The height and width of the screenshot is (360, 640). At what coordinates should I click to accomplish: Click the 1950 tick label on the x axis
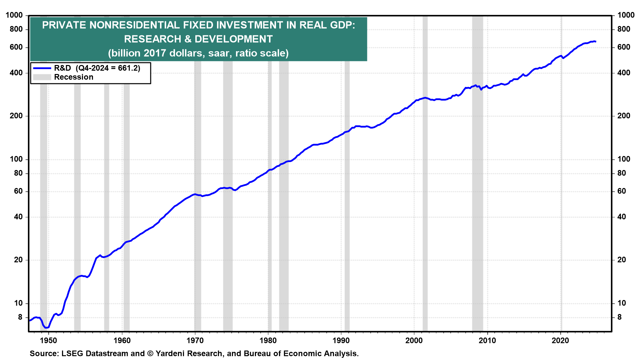49,340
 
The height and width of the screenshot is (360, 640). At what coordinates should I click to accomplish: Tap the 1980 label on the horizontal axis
268,340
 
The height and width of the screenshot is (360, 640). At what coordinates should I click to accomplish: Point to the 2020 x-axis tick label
560,340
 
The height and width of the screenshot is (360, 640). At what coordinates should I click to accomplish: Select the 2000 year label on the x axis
414,340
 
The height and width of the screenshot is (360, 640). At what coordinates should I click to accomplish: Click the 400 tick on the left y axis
16,73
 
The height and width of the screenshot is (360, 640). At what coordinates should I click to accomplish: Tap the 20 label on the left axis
18,260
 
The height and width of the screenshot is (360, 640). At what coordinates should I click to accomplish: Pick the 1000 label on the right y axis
626,15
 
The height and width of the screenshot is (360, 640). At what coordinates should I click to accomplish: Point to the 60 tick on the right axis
621,191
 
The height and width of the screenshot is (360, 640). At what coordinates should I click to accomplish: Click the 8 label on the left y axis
20,317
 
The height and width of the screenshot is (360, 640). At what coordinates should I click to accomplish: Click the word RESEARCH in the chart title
152,39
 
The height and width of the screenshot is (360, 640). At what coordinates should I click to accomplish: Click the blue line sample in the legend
42,68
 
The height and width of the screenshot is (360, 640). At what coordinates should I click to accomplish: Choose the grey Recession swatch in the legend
42,77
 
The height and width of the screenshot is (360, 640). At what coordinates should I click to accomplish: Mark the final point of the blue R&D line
595,42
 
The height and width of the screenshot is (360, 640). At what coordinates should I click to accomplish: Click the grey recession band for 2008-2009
477,200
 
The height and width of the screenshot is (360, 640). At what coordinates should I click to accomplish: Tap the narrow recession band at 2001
425,200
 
